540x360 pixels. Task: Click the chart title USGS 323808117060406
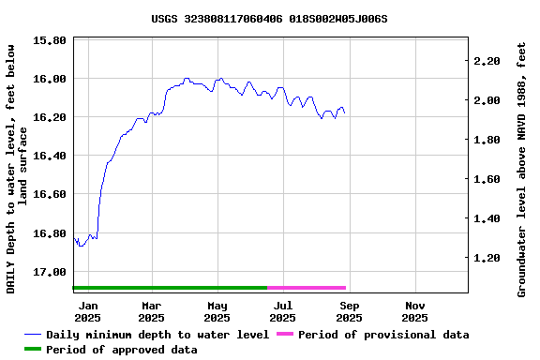coord(269,18)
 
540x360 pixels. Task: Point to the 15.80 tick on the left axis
coord(49,40)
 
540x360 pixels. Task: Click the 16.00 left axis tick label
coord(49,79)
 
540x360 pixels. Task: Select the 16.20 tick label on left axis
coord(49,117)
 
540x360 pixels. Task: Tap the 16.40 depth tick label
coord(49,156)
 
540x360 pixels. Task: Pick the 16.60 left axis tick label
coord(49,194)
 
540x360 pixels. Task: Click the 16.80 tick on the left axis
coord(49,233)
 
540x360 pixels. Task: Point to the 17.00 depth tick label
coord(49,272)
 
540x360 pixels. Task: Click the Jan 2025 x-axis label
coord(87,311)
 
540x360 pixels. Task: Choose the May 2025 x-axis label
coord(217,311)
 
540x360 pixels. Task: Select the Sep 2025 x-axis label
coord(349,311)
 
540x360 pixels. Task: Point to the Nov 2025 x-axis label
coord(414,311)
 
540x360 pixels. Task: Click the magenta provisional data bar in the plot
coord(307,288)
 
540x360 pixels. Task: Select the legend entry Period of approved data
coord(121,350)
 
